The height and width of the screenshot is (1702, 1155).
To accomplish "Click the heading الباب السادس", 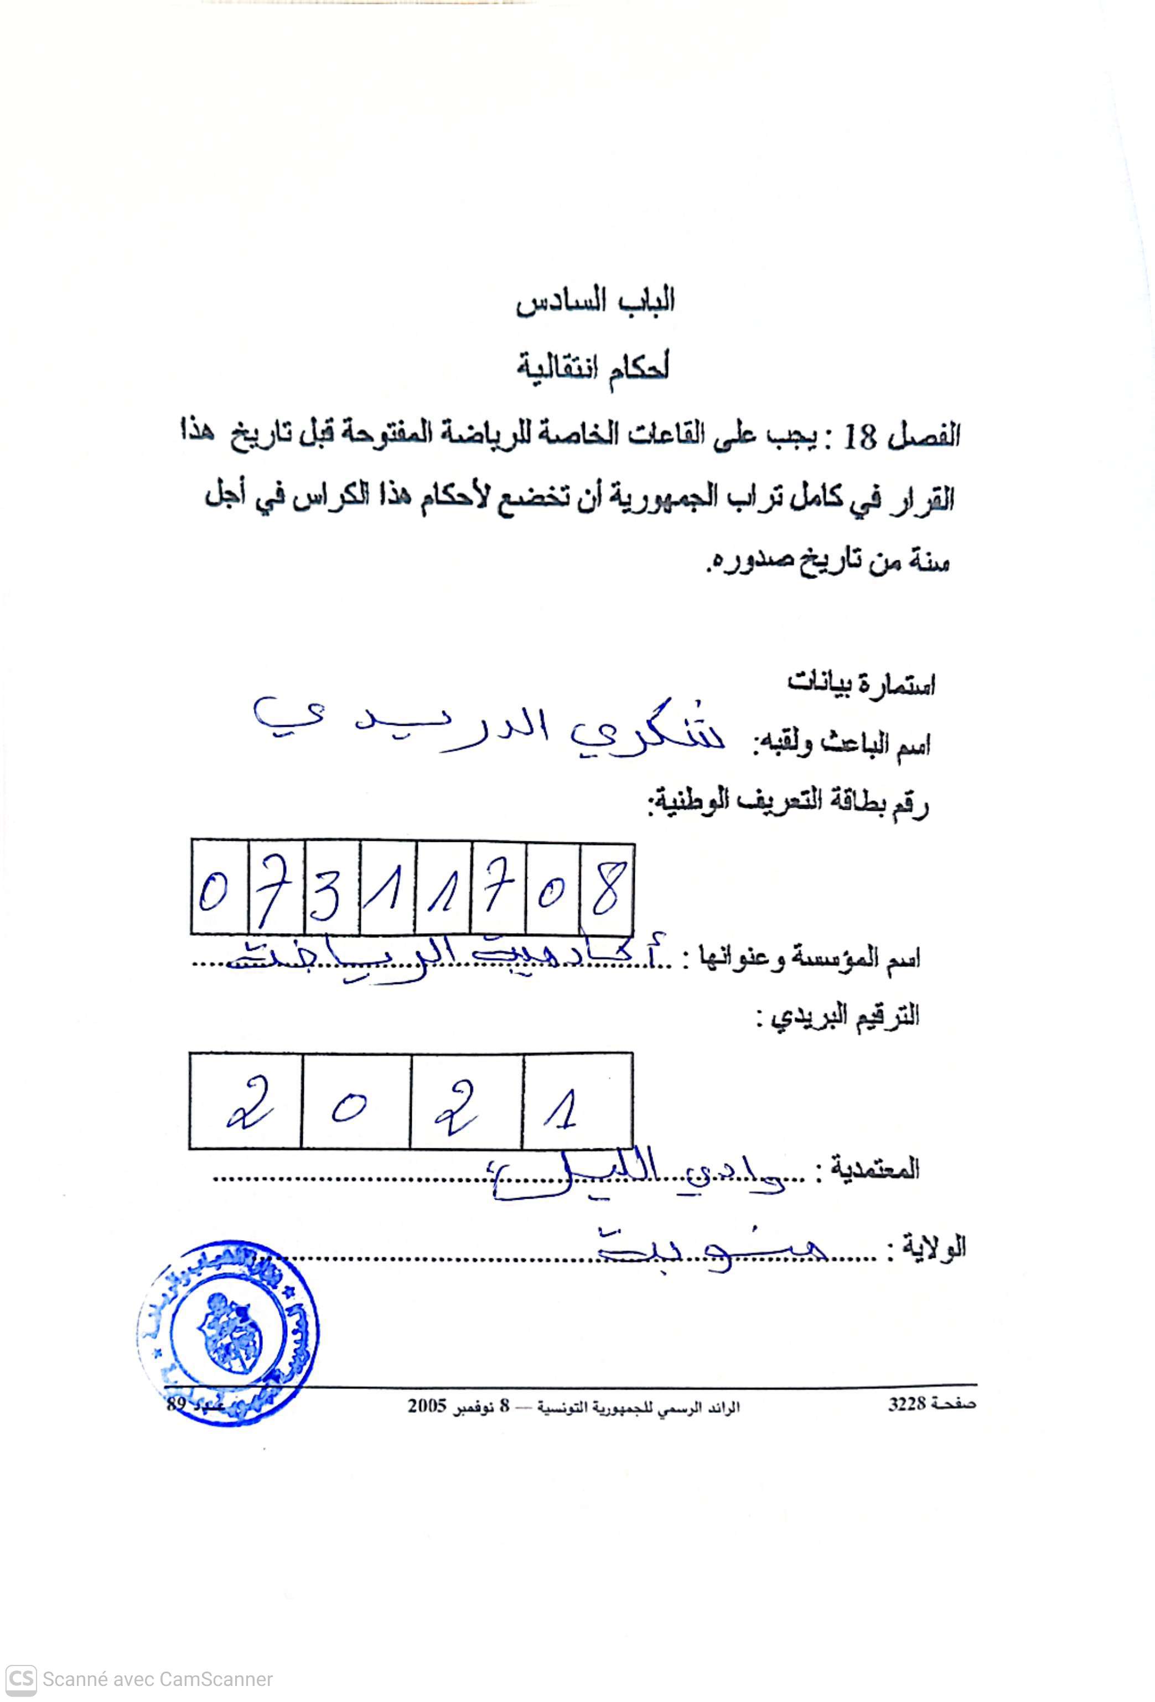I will pyautogui.click(x=595, y=301).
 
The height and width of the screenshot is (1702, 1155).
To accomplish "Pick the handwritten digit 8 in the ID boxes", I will pyautogui.click(x=607, y=891).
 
